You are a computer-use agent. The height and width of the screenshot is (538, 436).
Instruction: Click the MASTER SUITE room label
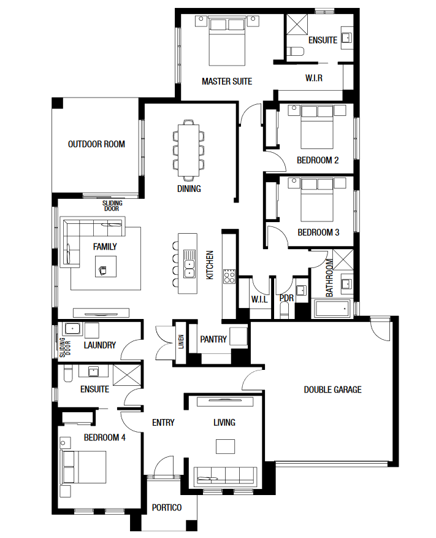(x=227, y=82)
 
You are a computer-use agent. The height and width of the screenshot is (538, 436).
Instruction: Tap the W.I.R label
(x=314, y=78)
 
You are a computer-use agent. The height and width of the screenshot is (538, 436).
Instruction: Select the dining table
(x=188, y=150)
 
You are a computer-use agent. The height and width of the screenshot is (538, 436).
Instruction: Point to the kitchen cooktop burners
(x=229, y=277)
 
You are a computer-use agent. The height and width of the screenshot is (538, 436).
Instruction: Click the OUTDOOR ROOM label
(x=96, y=144)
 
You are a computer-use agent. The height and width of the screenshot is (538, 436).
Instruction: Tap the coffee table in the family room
(x=105, y=266)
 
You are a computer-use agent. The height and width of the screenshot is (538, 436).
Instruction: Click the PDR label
(x=286, y=298)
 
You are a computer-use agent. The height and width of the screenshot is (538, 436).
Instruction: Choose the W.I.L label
(x=259, y=299)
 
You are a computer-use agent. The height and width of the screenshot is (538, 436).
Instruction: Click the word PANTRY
(x=213, y=339)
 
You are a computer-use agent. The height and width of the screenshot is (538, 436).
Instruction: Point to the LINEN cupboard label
(x=181, y=342)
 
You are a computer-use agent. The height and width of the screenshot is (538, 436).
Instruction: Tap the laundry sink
(x=72, y=329)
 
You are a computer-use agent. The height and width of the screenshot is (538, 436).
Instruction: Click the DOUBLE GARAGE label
(x=333, y=390)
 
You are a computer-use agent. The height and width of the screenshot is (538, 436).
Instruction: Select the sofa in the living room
(x=225, y=477)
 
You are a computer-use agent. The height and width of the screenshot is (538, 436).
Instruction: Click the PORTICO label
(x=167, y=507)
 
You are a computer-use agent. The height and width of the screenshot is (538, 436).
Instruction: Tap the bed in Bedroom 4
(x=83, y=467)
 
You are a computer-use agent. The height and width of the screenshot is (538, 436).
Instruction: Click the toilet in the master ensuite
(x=296, y=52)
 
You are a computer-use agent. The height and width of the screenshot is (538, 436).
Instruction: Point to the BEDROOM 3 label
(x=318, y=232)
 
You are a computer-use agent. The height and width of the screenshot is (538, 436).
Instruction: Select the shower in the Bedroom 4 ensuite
(x=127, y=375)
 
